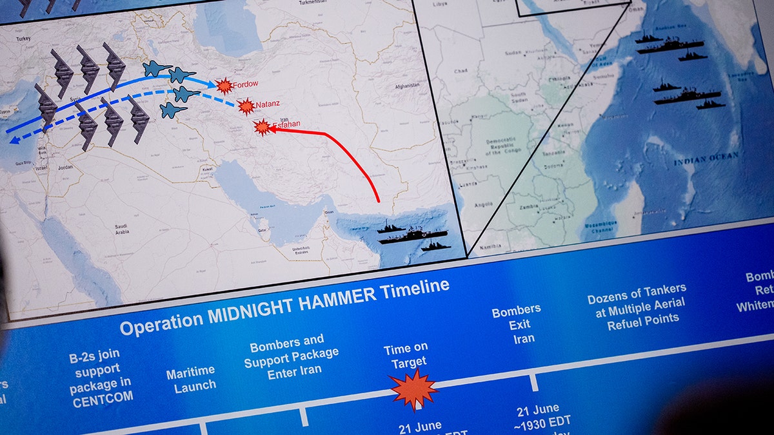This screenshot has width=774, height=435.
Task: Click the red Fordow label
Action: pos(246,84)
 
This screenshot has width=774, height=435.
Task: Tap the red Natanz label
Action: pos(267,104)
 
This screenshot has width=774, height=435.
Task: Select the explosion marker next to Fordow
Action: pos(224,86)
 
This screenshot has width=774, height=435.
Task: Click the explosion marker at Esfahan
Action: pos(262,127)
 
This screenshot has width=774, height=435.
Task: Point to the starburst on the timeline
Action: pos(413,389)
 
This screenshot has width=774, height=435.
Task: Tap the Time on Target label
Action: pos(405,355)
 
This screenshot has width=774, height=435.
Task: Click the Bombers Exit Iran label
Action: pos(516,325)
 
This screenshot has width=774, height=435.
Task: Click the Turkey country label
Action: pos(24,39)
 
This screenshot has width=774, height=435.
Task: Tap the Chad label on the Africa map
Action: pos(461,71)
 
